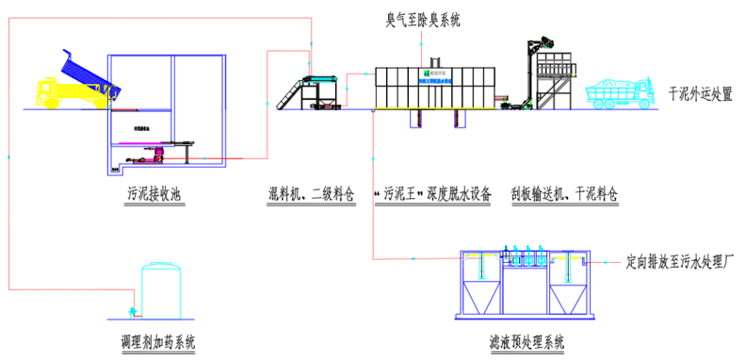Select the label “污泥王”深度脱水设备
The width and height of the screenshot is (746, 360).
coord(432,195)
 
